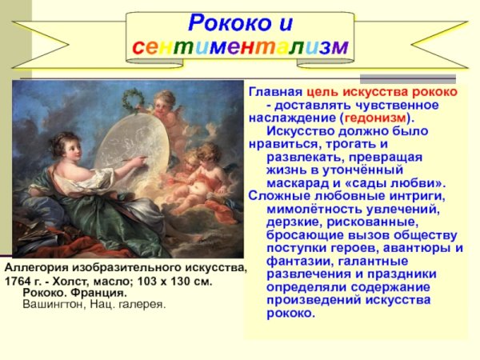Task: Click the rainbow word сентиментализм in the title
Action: pos(239,46)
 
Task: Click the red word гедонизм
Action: pos(374,118)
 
